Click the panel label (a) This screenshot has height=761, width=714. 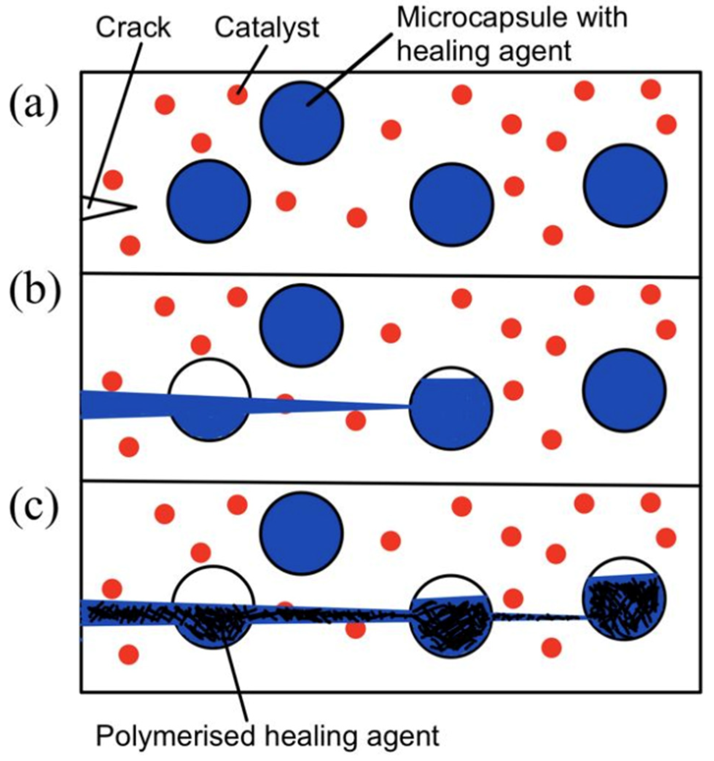tap(34, 102)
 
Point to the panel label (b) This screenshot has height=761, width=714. tap(34, 287)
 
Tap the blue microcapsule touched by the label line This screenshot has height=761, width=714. tap(302, 123)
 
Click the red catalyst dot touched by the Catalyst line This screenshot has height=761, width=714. tap(237, 95)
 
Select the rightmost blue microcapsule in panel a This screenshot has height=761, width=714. tap(625, 186)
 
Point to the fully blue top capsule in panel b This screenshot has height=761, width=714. tap(302, 325)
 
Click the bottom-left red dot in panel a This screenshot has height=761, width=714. tap(130, 245)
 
